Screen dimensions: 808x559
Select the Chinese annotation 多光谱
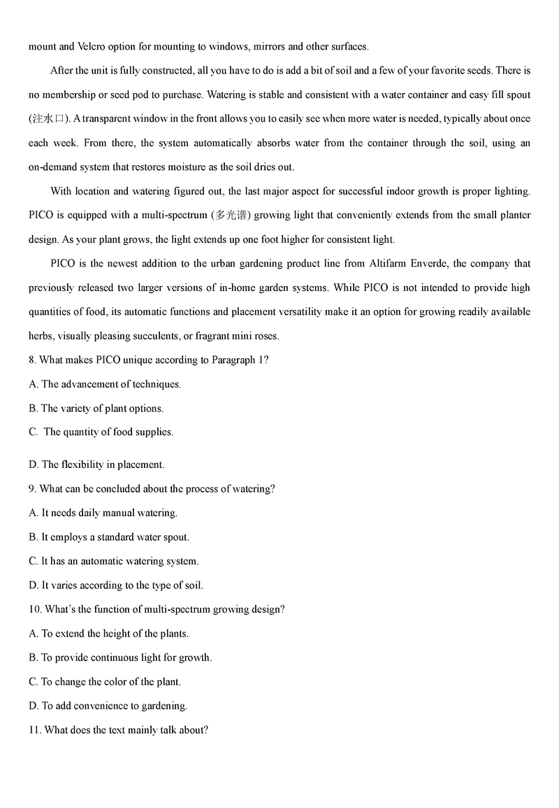pos(232,215)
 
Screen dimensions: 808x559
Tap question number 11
pos(35,730)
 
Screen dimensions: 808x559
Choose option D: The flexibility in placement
pos(96,465)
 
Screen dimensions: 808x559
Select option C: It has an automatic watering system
pos(114,561)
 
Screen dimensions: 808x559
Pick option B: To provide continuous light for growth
pos(120,658)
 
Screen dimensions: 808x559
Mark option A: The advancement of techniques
pos(105,384)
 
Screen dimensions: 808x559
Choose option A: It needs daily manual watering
pos(103,513)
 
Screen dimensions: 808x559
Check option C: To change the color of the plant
pos(105,681)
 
